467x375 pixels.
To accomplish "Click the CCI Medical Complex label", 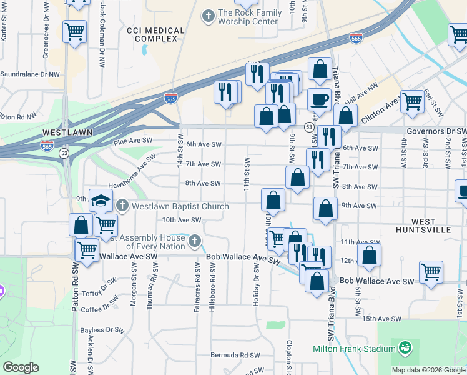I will (x=155, y=35).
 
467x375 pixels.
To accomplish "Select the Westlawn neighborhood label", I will (x=67, y=133).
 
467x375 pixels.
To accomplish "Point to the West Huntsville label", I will (x=431, y=226).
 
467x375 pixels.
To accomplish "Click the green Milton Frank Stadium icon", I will (x=405, y=347).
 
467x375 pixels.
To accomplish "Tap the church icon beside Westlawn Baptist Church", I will (x=122, y=205).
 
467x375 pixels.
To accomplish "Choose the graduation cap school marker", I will (x=100, y=201).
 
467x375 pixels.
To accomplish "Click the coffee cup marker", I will (x=319, y=99).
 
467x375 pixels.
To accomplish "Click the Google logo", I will (x=21, y=367).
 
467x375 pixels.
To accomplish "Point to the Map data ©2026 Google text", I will (x=428, y=370).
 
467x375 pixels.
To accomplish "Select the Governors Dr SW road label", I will (x=437, y=131).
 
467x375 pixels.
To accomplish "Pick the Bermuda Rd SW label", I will (x=235, y=355).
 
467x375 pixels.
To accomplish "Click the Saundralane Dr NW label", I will (x=30, y=74).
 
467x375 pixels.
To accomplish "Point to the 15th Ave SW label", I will (x=380, y=319).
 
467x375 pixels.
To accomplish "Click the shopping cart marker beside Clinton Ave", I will (x=413, y=101).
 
